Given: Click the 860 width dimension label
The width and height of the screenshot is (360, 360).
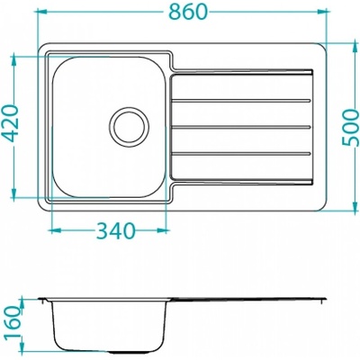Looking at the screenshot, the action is tap(188, 12).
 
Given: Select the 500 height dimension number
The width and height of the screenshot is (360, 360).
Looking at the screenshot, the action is tap(350, 128).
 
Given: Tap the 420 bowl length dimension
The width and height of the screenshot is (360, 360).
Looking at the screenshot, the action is tap(13, 123).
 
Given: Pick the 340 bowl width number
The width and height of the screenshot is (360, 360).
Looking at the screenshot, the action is tap(116, 230).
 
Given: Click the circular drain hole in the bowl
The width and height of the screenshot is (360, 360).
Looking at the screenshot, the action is tap(129, 125).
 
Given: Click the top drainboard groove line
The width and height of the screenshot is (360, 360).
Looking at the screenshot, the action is tap(241, 101).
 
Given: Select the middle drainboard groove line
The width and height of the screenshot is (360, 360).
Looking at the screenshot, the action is tap(241, 127).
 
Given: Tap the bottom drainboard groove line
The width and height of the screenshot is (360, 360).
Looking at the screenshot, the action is tap(241, 154).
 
